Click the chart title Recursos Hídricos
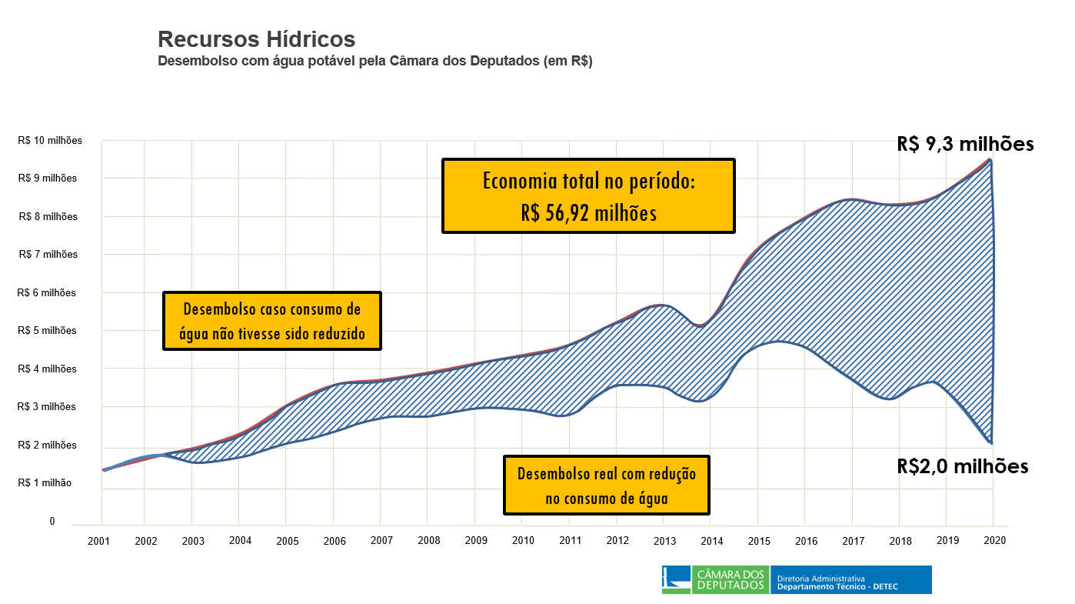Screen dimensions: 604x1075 (x=256, y=39)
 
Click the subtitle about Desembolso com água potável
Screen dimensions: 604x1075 (x=374, y=62)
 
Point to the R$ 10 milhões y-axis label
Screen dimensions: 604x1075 (x=50, y=141)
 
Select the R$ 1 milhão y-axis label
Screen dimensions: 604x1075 (x=45, y=483)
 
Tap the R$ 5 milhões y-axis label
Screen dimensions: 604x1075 (x=48, y=331)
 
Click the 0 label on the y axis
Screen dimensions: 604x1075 (x=52, y=522)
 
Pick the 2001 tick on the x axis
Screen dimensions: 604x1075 (x=98, y=541)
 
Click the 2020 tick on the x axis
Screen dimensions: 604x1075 (x=994, y=541)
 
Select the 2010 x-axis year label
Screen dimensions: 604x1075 (x=523, y=541)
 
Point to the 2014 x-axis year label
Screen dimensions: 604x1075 (x=712, y=541)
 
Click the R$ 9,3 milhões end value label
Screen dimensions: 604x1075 (x=965, y=144)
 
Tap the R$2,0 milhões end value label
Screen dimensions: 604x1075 (x=962, y=466)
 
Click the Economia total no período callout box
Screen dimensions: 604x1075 (x=588, y=195)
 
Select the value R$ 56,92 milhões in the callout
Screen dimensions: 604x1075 (x=588, y=212)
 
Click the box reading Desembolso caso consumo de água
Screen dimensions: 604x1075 (x=272, y=321)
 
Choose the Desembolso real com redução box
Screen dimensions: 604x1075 (x=606, y=485)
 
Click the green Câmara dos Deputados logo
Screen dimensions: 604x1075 (x=715, y=580)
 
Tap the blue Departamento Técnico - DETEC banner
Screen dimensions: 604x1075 (x=850, y=580)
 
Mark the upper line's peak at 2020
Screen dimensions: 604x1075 (x=991, y=159)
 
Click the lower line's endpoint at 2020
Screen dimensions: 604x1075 (x=991, y=443)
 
